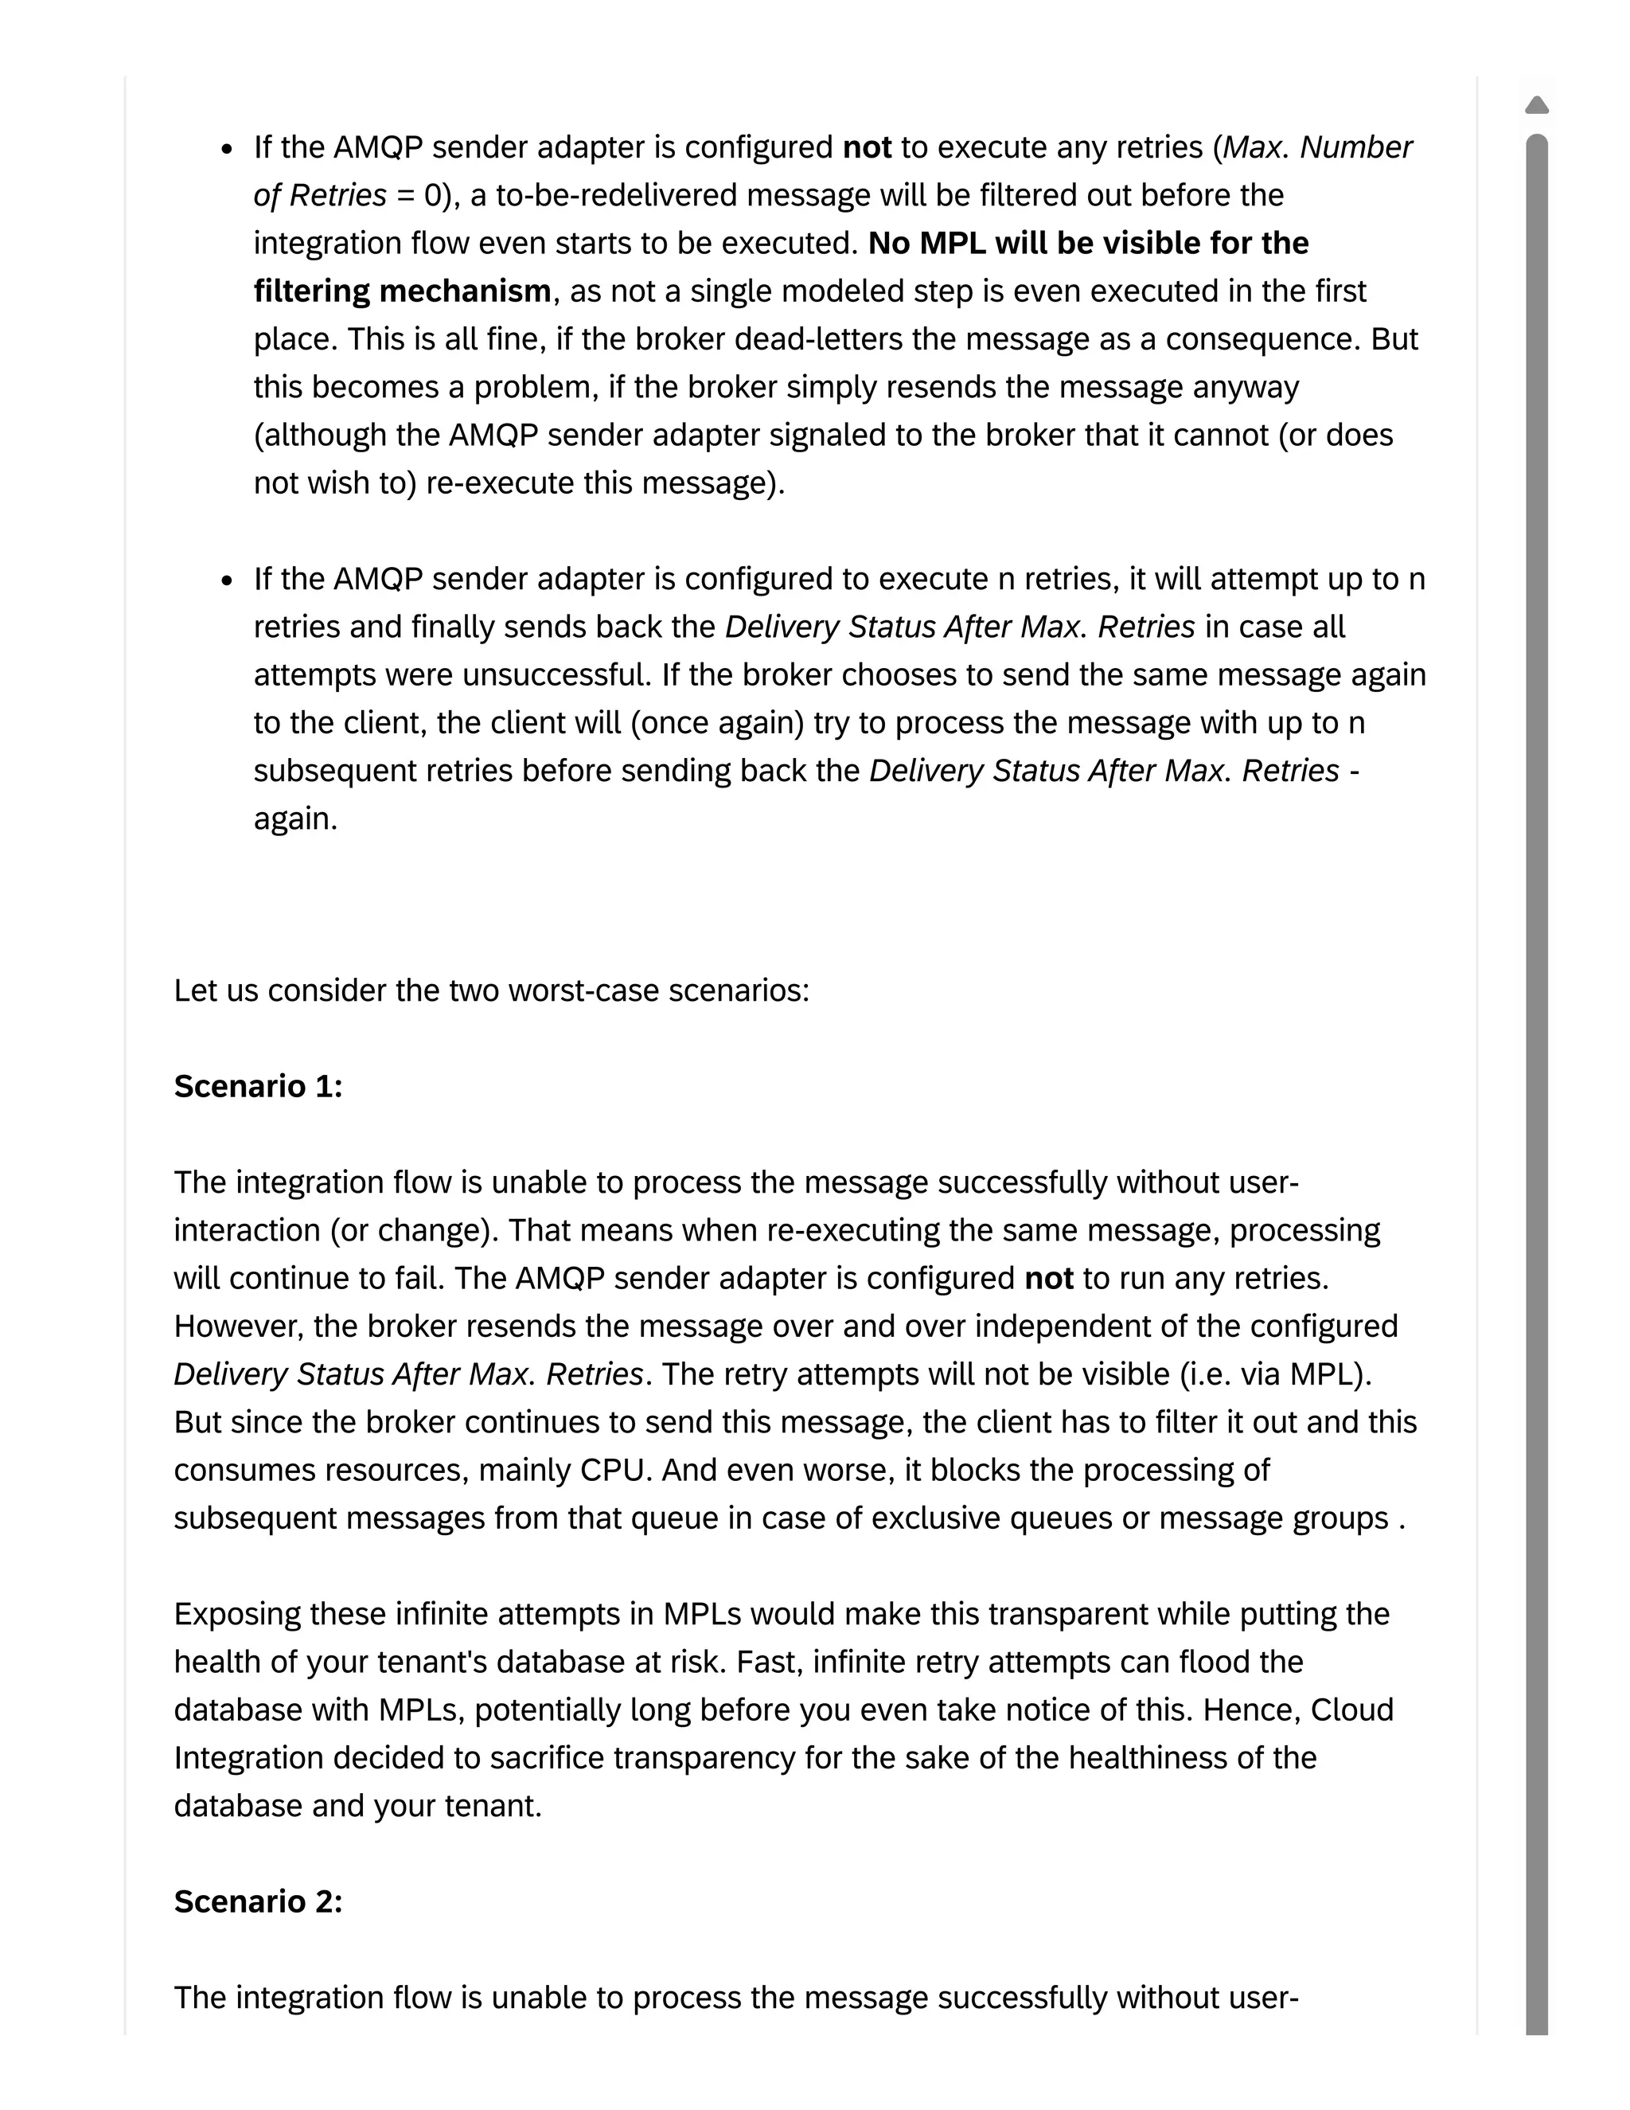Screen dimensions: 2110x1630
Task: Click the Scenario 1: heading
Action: [x=258, y=1086]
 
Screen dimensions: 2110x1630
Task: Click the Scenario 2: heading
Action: [x=258, y=1901]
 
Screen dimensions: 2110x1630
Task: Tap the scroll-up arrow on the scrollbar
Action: [x=1536, y=104]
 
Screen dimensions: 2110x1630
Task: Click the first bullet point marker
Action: [x=227, y=150]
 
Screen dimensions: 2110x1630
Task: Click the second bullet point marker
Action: [x=227, y=580]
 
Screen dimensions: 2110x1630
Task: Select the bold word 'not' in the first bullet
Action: [x=866, y=147]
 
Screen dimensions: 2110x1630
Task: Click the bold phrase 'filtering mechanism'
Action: [x=402, y=291]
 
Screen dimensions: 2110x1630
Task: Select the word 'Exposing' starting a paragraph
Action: [x=237, y=1613]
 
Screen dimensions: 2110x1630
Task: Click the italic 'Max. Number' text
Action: [x=1317, y=147]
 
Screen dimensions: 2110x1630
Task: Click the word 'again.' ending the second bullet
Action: [x=295, y=819]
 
